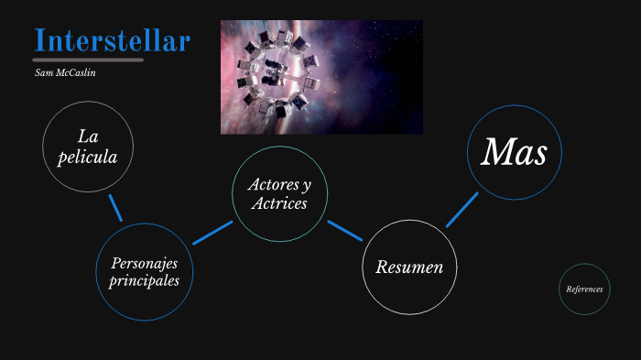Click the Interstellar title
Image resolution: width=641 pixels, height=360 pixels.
(x=113, y=40)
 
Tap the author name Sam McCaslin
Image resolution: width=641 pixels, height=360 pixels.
(x=65, y=71)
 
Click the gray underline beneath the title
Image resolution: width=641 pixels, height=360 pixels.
(x=89, y=60)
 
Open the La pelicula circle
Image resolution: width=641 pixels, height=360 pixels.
(x=88, y=147)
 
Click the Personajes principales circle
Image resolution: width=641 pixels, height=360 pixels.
(x=145, y=272)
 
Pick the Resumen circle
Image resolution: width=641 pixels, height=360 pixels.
(x=409, y=267)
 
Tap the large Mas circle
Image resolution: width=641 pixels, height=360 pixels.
(x=514, y=152)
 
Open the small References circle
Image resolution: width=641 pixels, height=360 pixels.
(x=584, y=289)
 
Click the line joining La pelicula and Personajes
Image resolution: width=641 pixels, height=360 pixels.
(x=115, y=207)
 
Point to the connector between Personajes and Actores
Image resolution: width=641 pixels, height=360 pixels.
(x=212, y=233)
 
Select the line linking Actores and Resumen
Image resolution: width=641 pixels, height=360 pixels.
(x=345, y=230)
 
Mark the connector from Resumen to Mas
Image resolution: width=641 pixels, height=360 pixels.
(x=462, y=210)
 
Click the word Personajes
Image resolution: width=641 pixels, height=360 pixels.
(x=145, y=263)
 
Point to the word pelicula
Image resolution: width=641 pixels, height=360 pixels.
(x=88, y=157)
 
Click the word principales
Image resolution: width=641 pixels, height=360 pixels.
(x=145, y=280)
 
